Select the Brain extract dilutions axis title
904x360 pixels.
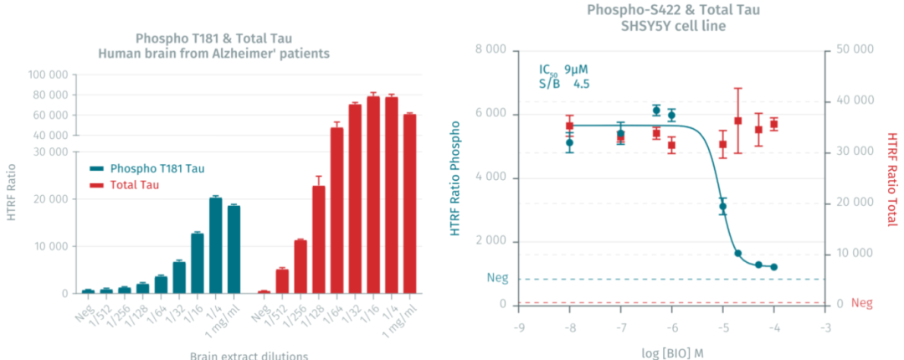point(248,354)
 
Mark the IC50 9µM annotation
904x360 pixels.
point(569,69)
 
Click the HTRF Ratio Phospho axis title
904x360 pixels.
point(457,178)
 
